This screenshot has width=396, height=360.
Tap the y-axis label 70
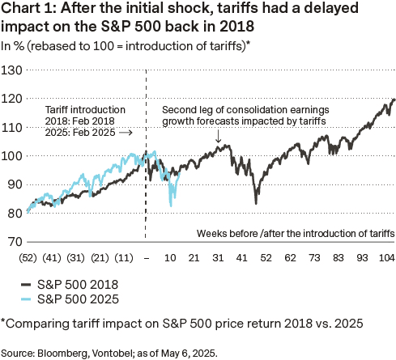coord(13,241)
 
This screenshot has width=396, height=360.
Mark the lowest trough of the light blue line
coord(171,205)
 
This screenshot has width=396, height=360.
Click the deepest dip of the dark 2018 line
coord(257,202)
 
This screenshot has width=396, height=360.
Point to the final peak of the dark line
coord(394,100)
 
